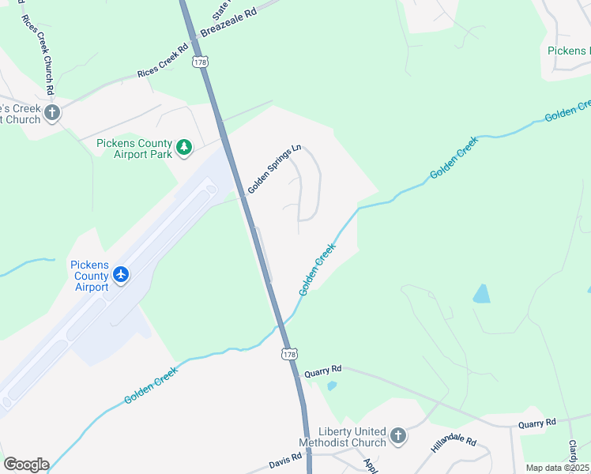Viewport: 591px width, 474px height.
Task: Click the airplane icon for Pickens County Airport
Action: [121, 274]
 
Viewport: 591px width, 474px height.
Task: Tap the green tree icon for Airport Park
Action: [184, 147]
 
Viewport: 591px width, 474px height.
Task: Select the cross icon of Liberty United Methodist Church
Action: [398, 435]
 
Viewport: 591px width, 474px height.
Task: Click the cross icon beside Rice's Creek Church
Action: [52, 112]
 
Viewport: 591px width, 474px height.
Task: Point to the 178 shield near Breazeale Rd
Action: [201, 62]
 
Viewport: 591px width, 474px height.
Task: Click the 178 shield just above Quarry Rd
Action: [289, 353]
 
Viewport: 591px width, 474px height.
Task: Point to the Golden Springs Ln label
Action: [274, 168]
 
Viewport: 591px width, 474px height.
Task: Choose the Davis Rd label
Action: [285, 457]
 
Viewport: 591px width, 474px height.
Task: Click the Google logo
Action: [26, 465]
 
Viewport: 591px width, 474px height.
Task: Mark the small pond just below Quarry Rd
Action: [331, 386]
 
